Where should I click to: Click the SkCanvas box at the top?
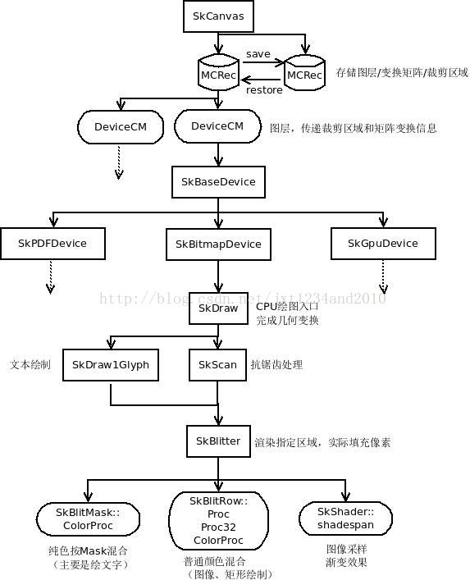click(217, 16)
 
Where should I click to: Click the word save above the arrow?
click(258, 53)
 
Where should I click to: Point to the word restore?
click(264, 89)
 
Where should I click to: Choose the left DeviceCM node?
click(120, 126)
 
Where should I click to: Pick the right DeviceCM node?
click(217, 126)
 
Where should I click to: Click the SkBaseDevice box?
click(217, 181)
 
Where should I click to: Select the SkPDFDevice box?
click(52, 243)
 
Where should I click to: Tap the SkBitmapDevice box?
click(218, 244)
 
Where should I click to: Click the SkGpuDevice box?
click(382, 243)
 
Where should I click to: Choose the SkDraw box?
click(217, 308)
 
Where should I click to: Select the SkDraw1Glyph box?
click(111, 364)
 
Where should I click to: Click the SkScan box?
click(217, 364)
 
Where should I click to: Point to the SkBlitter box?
click(217, 441)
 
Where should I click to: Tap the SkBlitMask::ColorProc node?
click(88, 518)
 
